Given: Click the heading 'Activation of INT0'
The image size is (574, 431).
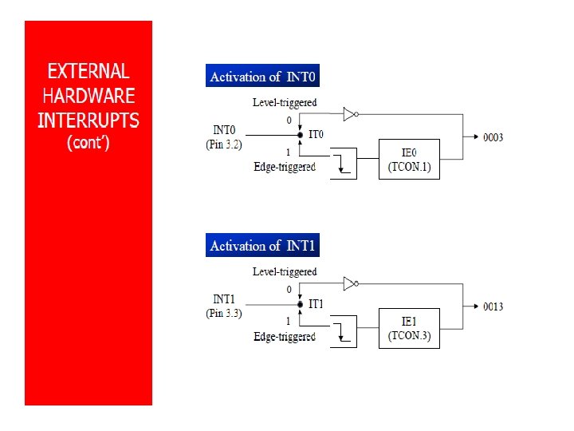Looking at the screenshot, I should point(262,77).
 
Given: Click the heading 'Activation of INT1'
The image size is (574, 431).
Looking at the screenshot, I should point(262,246).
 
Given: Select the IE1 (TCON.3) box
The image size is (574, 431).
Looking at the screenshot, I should point(409,327).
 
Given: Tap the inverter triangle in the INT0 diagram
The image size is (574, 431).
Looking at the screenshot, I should point(349,114).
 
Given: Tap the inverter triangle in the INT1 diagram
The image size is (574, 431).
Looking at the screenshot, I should point(349,283).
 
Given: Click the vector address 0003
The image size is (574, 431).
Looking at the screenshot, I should point(493,137).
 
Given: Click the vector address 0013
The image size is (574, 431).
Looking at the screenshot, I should point(493,306).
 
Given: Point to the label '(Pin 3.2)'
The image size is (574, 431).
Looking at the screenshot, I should point(224,144).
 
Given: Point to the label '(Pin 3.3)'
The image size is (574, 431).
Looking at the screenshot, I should point(224,314).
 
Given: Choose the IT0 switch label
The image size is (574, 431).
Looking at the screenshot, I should point(316,134).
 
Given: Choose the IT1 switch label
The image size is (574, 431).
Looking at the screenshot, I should point(316,304).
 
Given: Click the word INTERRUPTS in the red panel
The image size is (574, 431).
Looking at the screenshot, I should point(88,121).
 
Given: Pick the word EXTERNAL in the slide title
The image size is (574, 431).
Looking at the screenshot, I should point(88,71).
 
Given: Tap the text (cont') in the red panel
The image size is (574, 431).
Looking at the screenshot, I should point(88,144).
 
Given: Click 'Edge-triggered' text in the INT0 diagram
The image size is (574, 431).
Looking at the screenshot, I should point(285,167).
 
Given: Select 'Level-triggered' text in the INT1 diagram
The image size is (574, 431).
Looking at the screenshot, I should point(285,271).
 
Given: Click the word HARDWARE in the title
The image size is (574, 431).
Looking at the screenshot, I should point(88,97).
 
